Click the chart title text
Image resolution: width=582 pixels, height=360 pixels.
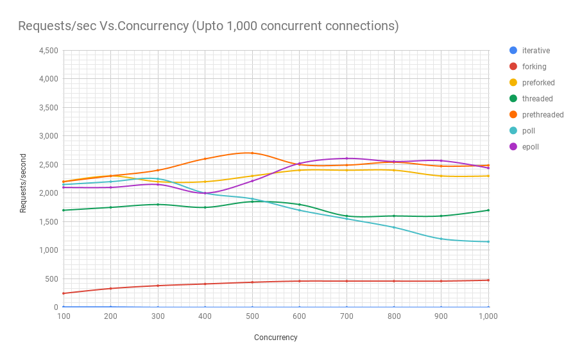tap(209, 26)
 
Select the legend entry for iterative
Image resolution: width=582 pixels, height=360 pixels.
tap(535, 51)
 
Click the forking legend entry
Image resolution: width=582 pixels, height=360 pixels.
tap(534, 67)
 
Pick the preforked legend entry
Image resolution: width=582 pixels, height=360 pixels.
tap(538, 83)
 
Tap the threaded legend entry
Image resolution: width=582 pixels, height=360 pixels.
tap(537, 99)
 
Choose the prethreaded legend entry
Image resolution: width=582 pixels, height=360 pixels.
tap(542, 115)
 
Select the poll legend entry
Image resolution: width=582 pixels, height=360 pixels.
tap(528, 131)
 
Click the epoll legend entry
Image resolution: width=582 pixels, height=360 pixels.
tap(530, 147)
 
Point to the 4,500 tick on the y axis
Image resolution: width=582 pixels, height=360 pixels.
tap(49, 51)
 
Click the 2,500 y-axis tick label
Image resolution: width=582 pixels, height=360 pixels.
tap(49, 165)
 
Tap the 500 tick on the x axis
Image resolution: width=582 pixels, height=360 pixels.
tap(252, 316)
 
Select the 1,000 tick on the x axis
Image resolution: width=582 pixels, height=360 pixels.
tap(488, 316)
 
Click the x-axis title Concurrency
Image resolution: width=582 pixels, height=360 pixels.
tap(276, 338)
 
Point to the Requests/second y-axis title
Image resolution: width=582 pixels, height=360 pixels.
tap(24, 183)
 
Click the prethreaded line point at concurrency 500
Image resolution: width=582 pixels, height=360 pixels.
tap(252, 153)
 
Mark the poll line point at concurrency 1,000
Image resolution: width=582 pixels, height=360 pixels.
tap(488, 242)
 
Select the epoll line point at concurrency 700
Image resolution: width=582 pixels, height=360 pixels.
tap(347, 159)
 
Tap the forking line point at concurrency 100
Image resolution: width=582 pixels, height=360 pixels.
tap(64, 293)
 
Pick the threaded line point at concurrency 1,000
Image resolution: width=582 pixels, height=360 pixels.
tap(488, 210)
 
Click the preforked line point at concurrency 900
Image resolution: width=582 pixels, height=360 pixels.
tap(441, 176)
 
